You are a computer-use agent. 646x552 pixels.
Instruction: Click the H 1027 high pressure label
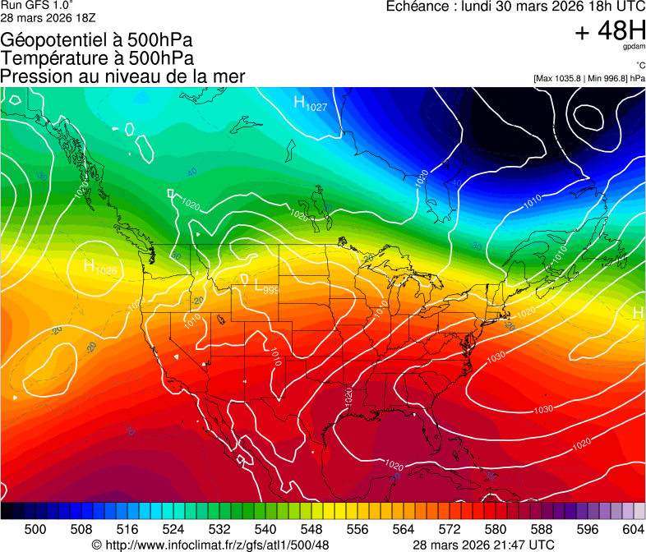[311, 103]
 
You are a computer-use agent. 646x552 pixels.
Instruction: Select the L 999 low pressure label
[265, 287]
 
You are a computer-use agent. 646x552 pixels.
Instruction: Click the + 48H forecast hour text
[609, 31]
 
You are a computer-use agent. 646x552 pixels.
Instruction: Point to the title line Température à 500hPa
[97, 58]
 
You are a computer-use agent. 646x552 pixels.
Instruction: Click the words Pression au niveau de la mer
[122, 76]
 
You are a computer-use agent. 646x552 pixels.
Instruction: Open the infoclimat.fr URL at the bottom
[217, 545]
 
